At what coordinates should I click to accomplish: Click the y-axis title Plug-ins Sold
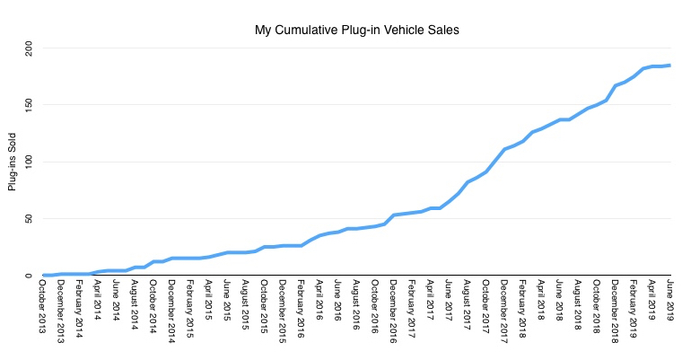[13, 162]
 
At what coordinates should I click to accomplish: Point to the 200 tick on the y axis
[31, 48]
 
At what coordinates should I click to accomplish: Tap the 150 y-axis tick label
[31, 105]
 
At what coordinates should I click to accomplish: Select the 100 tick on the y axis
[31, 162]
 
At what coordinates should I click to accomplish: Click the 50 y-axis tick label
[31, 219]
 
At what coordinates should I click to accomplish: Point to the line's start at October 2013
[44, 276]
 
